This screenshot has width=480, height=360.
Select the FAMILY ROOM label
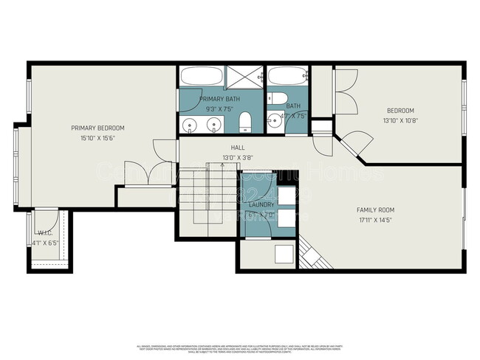point(375,210)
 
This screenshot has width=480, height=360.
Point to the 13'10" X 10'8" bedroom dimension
point(400,120)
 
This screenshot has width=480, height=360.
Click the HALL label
point(238,148)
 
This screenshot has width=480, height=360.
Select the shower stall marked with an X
point(244,77)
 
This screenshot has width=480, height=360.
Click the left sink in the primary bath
point(191,125)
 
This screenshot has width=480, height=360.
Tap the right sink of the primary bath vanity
point(213,125)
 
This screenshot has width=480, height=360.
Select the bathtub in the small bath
point(287,77)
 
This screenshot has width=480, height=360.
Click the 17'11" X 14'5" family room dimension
point(375,220)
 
